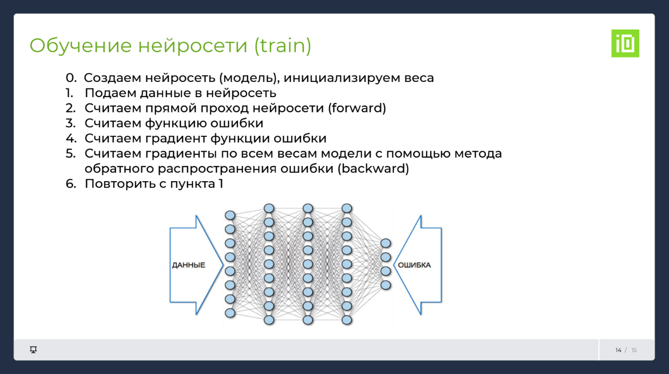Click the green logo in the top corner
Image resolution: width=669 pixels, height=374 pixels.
pyautogui.click(x=625, y=43)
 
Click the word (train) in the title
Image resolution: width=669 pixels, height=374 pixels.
pyautogui.click(x=282, y=46)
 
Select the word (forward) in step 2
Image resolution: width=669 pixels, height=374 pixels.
pyautogui.click(x=357, y=108)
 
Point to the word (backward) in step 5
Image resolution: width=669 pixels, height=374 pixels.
pyautogui.click(x=373, y=169)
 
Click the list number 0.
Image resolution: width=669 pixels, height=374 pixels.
pyautogui.click(x=71, y=78)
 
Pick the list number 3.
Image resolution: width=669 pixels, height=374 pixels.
pyautogui.click(x=70, y=123)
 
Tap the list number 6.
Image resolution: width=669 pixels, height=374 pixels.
pyautogui.click(x=70, y=184)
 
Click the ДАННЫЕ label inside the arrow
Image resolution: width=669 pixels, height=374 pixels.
pyautogui.click(x=189, y=265)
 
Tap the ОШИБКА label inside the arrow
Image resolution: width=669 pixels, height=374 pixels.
pyautogui.click(x=414, y=265)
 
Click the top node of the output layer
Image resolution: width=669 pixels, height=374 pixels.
pyautogui.click(x=386, y=243)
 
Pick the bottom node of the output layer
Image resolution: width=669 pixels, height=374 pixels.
pyautogui.click(x=386, y=285)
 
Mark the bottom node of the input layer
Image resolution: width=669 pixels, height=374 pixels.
pyautogui.click(x=230, y=313)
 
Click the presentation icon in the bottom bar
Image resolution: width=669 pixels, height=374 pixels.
pyautogui.click(x=34, y=350)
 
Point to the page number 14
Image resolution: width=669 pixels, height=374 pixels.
pyautogui.click(x=618, y=350)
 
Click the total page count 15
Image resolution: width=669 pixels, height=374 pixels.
pyautogui.click(x=634, y=350)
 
